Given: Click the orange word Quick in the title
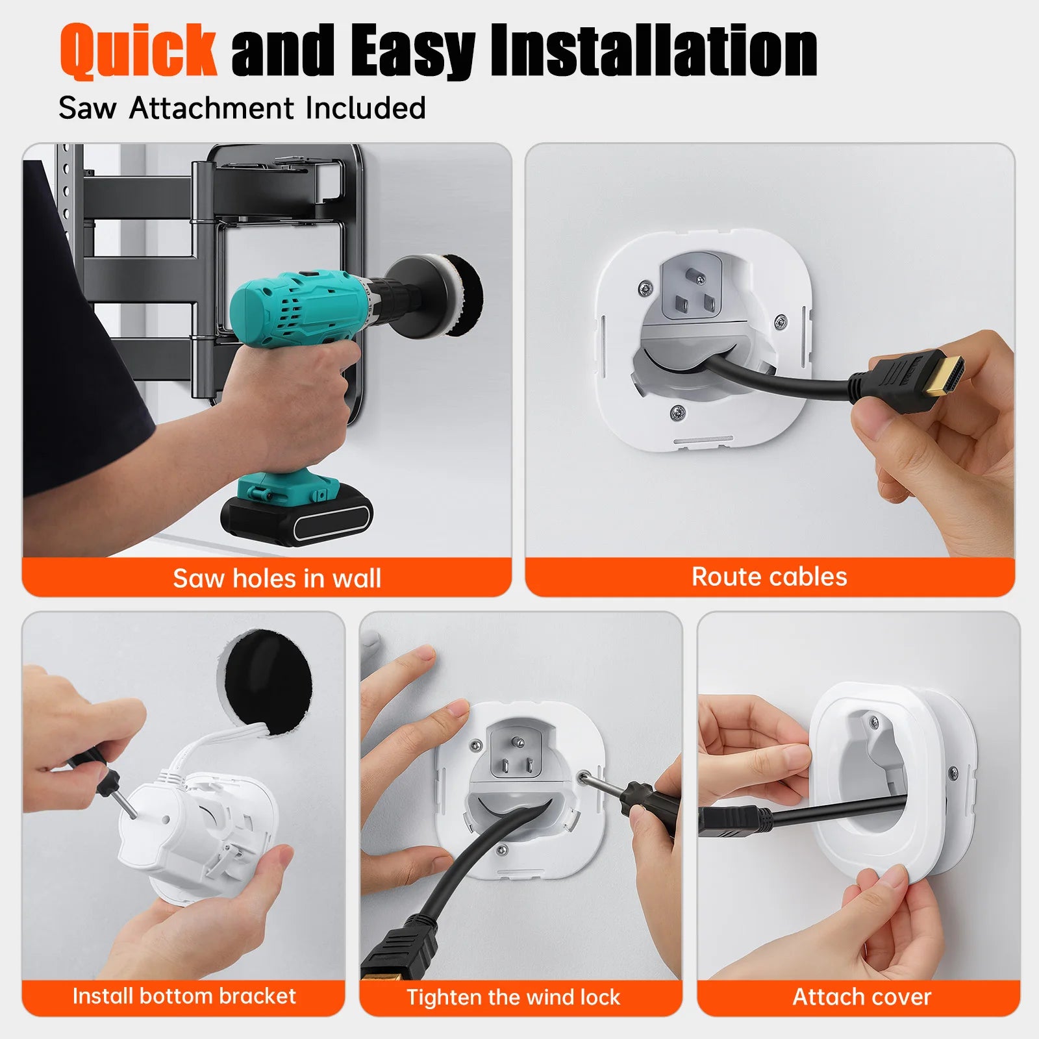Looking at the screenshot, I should tap(138, 51).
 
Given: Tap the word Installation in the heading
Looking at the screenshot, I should tap(653, 51).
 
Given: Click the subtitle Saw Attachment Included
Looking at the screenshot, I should tap(242, 108).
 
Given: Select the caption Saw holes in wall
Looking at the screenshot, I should tap(277, 578).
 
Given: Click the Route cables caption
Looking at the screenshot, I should tap(769, 577).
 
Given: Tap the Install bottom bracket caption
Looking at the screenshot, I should tap(184, 995).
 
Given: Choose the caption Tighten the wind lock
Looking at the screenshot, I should tap(513, 997).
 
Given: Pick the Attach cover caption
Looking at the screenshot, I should tap(862, 996).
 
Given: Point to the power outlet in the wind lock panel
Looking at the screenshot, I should tap(516, 753).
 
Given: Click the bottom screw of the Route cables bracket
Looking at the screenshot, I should tap(677, 410).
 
